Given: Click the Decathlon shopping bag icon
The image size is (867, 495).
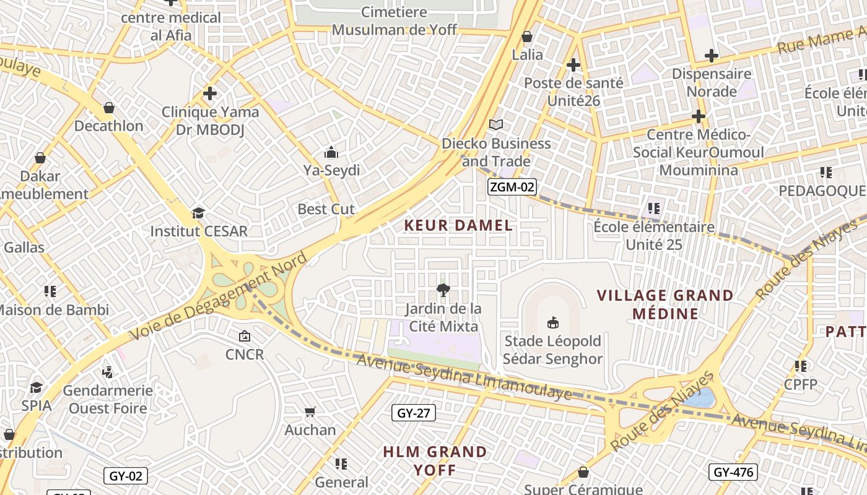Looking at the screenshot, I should [x=109, y=108].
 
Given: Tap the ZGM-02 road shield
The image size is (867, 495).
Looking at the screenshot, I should [x=512, y=187].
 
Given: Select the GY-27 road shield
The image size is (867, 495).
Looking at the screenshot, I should [x=414, y=413].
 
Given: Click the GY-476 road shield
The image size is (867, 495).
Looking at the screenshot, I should [x=733, y=473].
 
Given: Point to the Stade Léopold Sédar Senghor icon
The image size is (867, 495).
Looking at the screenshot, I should [x=552, y=322].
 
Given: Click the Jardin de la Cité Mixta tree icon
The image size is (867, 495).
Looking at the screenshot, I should [x=443, y=290].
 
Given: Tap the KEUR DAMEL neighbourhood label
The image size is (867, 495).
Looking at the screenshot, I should [x=458, y=226].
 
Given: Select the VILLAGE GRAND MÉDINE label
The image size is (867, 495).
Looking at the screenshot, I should [x=665, y=304].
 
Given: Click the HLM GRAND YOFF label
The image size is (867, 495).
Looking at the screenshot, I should [x=435, y=461].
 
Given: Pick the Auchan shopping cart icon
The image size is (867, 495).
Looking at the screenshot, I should [x=310, y=411].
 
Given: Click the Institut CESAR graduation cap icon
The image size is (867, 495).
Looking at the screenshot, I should [x=198, y=213].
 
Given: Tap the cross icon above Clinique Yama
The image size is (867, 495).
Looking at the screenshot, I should [x=210, y=93].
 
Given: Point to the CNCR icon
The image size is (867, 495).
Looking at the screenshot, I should [x=245, y=336].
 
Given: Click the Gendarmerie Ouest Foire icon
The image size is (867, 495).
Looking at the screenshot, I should [x=108, y=372].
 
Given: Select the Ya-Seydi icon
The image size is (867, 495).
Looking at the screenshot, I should [x=331, y=152].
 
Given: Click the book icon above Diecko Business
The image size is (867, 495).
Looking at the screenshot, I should [x=496, y=124].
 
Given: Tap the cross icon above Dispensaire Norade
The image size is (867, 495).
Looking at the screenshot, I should [x=712, y=56].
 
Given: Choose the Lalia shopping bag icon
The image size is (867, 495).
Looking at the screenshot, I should [x=527, y=37].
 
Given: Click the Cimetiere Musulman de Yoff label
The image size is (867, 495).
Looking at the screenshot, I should [x=394, y=20].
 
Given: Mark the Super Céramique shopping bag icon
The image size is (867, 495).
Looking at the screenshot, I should [x=583, y=473].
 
